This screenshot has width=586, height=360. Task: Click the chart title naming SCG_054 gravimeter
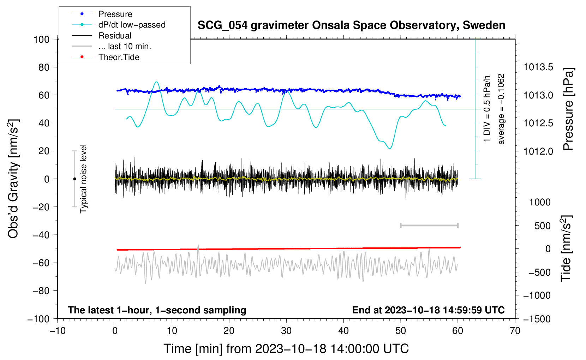351,25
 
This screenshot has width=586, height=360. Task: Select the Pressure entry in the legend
115,14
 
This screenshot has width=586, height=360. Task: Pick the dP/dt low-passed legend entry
132,25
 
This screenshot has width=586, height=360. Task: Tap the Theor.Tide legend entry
119,57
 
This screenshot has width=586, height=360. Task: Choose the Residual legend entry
115,36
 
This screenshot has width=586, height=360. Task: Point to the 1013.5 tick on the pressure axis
538,67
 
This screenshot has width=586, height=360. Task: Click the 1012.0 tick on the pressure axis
538,151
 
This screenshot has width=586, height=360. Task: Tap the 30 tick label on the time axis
286,331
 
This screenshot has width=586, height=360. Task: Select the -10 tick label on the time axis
58,331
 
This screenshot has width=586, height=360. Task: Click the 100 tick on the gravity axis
41,39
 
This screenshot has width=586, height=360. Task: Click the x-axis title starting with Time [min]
286,349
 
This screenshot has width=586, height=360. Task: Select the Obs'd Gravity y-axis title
13,179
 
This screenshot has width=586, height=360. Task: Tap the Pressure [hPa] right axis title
568,109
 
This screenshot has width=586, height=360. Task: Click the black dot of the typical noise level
74,179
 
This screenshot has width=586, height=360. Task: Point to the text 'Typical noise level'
83,179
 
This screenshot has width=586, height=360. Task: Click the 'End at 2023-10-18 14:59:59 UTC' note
428,310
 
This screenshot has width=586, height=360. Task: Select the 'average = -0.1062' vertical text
501,109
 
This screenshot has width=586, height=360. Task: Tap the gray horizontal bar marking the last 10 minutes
429,225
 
